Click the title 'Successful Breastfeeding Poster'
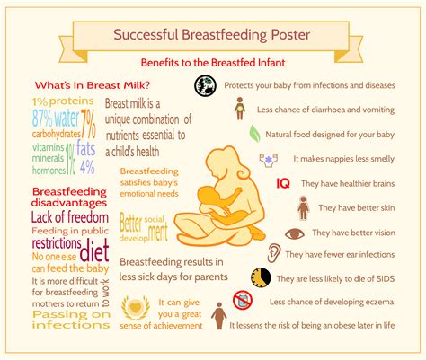[212, 35]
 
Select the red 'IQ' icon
[281, 183]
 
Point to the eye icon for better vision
[294, 233]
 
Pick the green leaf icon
[256, 134]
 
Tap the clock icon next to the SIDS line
[260, 277]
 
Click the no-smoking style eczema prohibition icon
[242, 300]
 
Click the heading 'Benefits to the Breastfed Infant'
[212, 64]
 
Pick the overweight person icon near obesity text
[217, 316]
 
